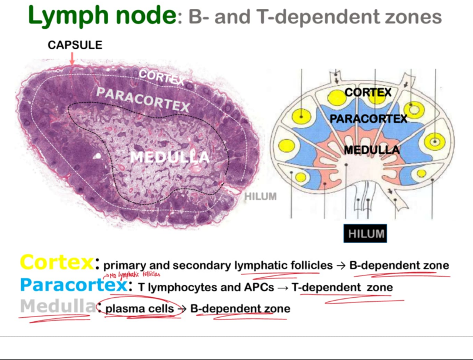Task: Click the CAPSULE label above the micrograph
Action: coord(75,45)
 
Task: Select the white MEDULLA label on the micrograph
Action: coord(169,157)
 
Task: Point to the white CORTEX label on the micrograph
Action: coord(161,77)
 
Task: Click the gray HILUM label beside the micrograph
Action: coord(260,196)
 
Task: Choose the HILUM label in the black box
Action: coord(366,234)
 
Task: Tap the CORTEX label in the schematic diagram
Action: coord(368,93)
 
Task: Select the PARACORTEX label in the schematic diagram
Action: coord(368,119)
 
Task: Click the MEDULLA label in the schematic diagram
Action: coord(371,150)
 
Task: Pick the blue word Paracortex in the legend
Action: coord(72,285)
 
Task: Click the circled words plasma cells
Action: coord(140,308)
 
